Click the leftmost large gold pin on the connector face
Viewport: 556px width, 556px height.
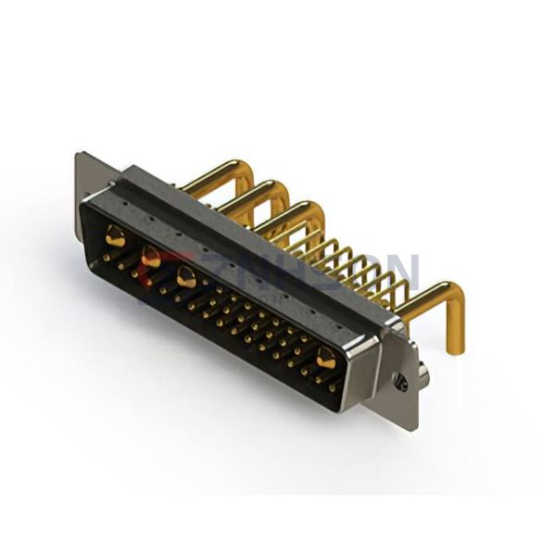click(115, 237)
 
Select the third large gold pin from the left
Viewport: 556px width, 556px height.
click(186, 274)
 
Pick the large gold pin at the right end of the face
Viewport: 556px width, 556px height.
click(326, 357)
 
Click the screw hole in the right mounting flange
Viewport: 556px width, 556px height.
click(400, 382)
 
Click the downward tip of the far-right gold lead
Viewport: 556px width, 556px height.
click(455, 348)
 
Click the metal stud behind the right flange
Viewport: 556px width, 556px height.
click(423, 372)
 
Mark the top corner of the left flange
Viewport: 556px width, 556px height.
click(78, 155)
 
